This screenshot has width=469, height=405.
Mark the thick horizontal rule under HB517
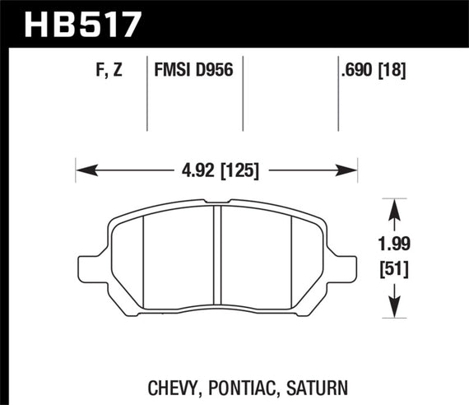[x=234, y=47]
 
